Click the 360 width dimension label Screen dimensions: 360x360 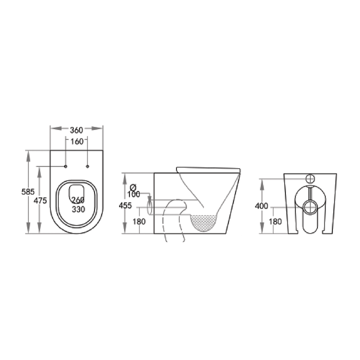[x=76, y=130]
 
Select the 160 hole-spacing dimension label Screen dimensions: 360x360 [x=76, y=141]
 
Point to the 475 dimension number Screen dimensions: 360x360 [x=40, y=200]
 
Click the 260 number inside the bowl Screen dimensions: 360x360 [x=77, y=200]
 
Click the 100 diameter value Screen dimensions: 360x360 [x=133, y=194]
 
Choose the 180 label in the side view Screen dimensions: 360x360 [x=139, y=222]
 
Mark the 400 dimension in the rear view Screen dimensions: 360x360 [x=261, y=206]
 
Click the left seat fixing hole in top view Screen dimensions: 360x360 [x=65, y=166]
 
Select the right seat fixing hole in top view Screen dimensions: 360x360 [x=88, y=166]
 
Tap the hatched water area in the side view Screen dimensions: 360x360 [x=204, y=223]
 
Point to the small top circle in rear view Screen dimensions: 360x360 [x=310, y=178]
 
